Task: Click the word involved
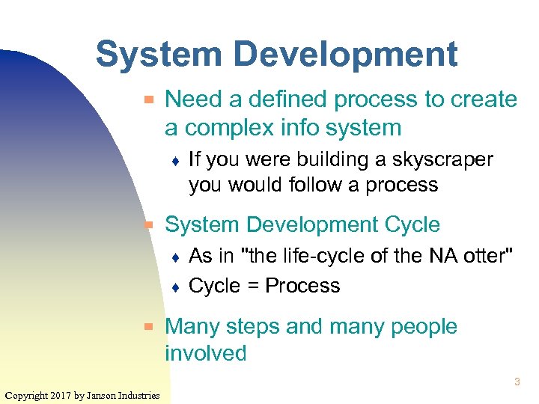tap(205, 353)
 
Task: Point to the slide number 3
tap(517, 382)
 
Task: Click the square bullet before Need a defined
tap(149, 100)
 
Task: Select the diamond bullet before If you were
tap(174, 160)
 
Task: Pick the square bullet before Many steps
tap(149, 327)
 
